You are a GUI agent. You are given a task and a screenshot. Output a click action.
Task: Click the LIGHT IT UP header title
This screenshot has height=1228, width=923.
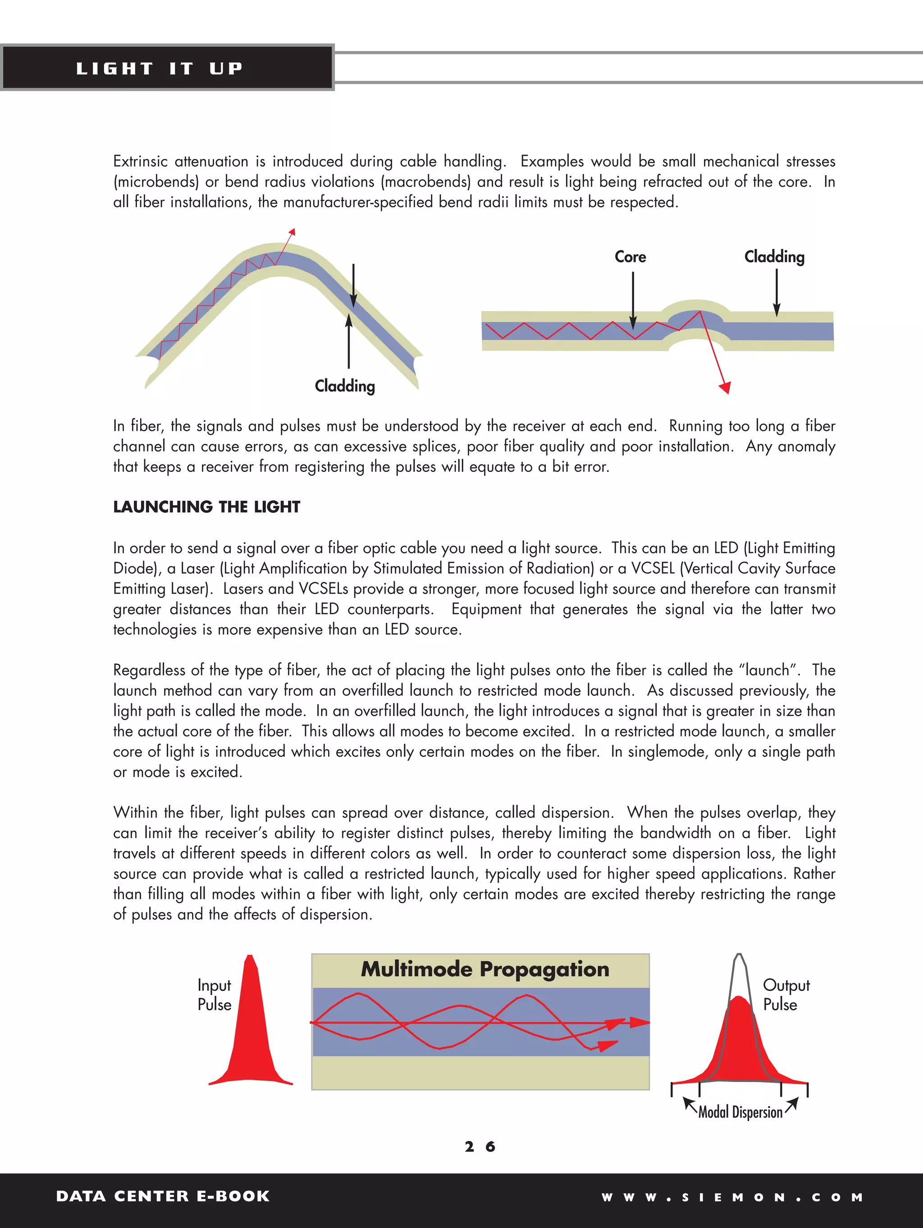[160, 68]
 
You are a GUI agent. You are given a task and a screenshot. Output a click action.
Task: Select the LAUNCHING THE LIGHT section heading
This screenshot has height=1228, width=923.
[206, 507]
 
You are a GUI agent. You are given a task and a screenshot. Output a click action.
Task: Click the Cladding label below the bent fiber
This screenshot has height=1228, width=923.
[344, 386]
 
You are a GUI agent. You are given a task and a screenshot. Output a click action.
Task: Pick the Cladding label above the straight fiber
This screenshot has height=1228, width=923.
[774, 256]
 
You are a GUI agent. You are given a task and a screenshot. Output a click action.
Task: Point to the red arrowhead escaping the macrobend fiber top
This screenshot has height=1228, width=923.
[292, 232]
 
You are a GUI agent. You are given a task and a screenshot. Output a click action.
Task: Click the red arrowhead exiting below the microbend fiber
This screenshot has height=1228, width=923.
[725, 387]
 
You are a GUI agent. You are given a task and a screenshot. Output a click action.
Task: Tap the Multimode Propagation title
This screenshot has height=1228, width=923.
[485, 969]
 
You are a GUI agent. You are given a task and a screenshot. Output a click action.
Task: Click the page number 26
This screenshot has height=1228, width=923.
[480, 1147]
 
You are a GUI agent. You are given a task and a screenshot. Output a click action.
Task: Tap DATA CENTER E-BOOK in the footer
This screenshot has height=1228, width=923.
[163, 1196]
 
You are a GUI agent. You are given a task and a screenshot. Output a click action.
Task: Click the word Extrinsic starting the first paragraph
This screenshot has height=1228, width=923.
[141, 161]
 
